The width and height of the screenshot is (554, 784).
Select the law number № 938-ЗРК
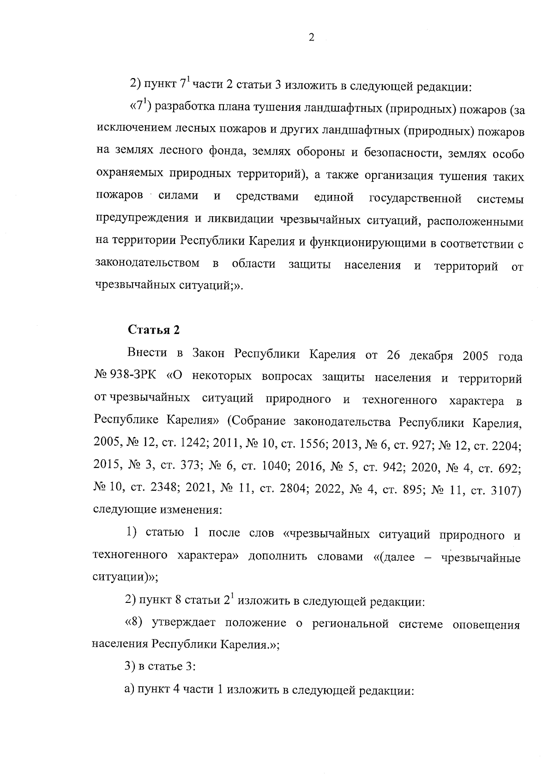pyautogui.click(x=120, y=377)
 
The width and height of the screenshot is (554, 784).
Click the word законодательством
pyautogui.click(x=148, y=264)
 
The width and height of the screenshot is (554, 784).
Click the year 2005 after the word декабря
pyautogui.click(x=470, y=355)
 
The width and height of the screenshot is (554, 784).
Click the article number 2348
pyautogui.click(x=156, y=490)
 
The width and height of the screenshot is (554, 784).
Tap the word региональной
pyautogui.click(x=350, y=625)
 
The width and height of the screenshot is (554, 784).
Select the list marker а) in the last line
pyautogui.click(x=129, y=691)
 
